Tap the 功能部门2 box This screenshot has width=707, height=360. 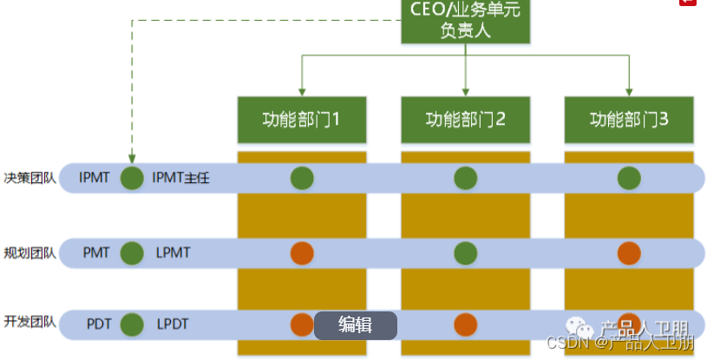[x=465, y=119]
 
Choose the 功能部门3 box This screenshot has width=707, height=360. [x=629, y=119]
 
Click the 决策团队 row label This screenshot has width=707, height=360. [x=29, y=178]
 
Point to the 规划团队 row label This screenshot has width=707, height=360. [x=29, y=253]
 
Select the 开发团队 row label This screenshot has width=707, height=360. [x=29, y=323]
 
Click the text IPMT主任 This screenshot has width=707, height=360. [x=181, y=179]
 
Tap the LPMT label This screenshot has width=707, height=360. [x=173, y=253]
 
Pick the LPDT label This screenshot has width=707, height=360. [x=173, y=324]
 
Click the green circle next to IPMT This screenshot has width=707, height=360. [x=132, y=179]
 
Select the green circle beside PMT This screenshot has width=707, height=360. [x=132, y=253]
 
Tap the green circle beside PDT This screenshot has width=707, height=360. [x=132, y=324]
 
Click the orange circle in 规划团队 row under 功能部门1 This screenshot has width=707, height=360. [x=302, y=253]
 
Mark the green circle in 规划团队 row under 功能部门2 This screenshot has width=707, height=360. [x=465, y=253]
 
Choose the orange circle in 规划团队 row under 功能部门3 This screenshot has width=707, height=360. [x=629, y=253]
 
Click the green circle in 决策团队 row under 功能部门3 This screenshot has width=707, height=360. [x=629, y=179]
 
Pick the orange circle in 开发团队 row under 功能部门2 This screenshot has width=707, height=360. [x=465, y=324]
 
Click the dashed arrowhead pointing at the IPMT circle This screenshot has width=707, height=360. [x=132, y=159]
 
